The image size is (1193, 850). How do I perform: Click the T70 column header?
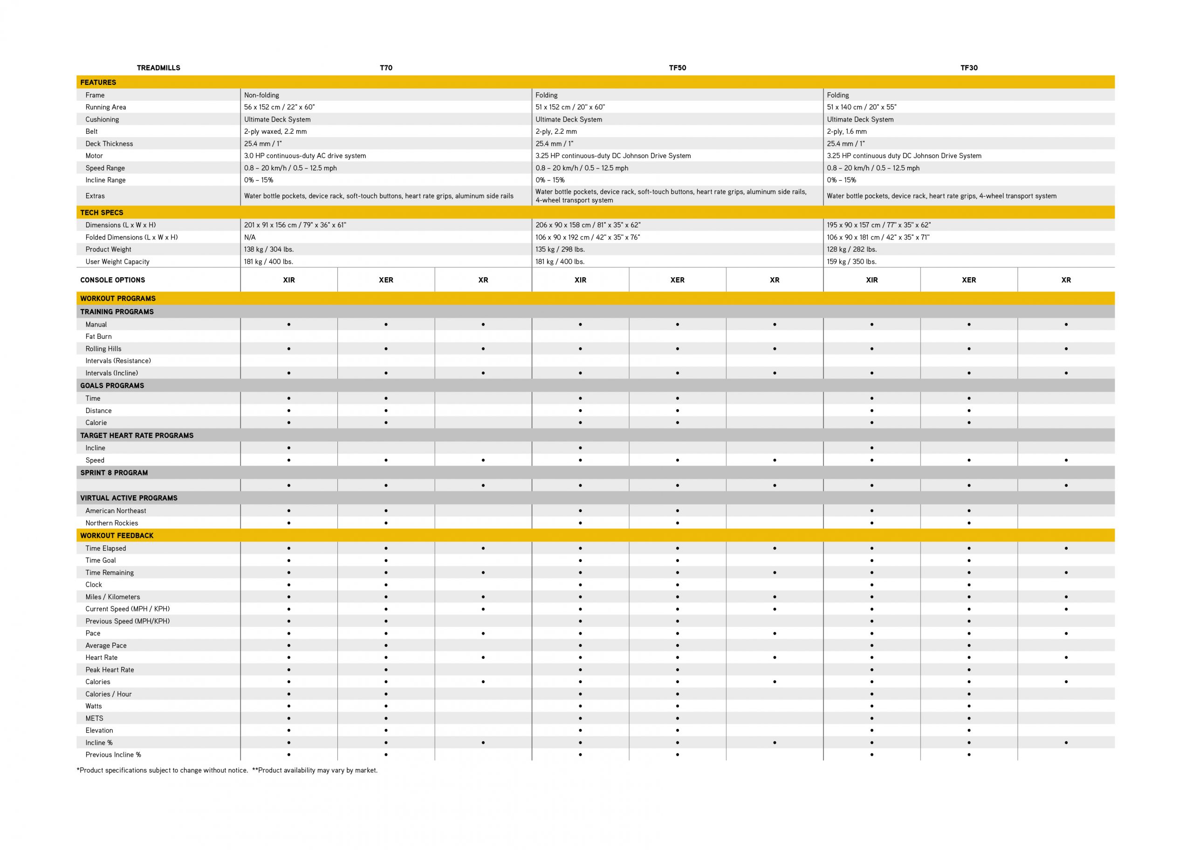click(x=386, y=68)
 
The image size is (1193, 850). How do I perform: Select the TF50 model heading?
click(x=677, y=68)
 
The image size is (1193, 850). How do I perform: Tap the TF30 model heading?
click(x=968, y=68)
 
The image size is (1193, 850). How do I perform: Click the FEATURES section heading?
click(x=98, y=82)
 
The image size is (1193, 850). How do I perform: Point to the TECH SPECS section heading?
click(x=102, y=212)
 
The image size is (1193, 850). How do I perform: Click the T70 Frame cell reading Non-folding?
click(x=261, y=95)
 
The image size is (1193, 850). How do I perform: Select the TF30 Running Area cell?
click(x=861, y=107)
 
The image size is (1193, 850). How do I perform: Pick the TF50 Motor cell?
click(x=613, y=156)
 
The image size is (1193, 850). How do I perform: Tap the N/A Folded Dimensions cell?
click(x=250, y=238)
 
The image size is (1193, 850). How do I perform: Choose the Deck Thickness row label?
click(x=109, y=144)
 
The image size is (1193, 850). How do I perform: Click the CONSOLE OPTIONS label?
click(x=112, y=280)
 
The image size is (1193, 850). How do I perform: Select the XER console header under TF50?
click(x=677, y=280)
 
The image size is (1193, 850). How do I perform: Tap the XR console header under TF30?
click(x=1066, y=280)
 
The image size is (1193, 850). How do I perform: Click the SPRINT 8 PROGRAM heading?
click(x=114, y=473)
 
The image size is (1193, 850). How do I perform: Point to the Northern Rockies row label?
click(x=111, y=523)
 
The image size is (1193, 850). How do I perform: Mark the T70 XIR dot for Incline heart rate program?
click(x=289, y=448)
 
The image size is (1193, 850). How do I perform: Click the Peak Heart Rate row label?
click(x=110, y=670)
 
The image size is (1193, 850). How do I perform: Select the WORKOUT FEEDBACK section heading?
click(x=117, y=535)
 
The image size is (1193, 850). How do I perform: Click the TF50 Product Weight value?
click(x=560, y=250)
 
